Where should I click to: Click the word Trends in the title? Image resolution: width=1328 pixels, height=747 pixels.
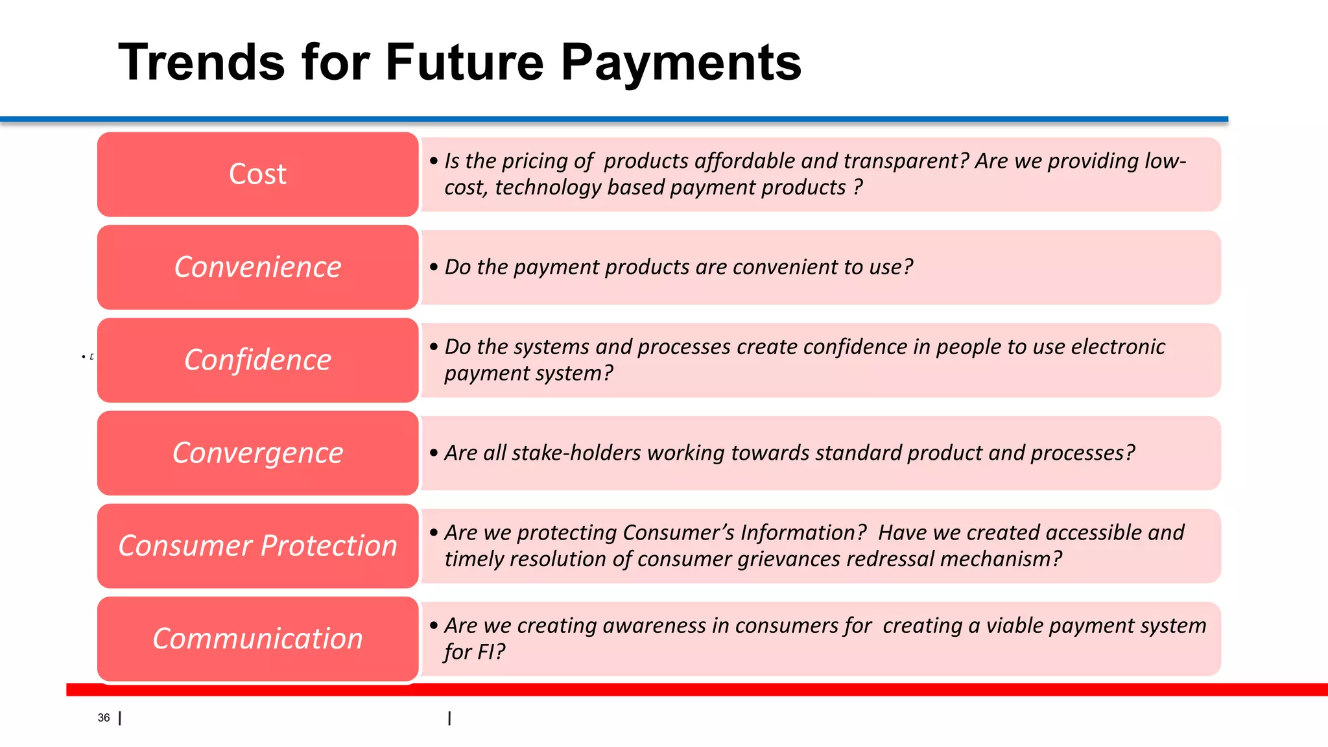[201, 62]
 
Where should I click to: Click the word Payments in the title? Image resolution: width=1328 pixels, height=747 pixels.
[681, 62]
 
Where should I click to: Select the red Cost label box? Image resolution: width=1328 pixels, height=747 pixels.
[257, 174]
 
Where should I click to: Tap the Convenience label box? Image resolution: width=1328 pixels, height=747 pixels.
[257, 267]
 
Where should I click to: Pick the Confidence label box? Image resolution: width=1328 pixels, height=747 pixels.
[257, 360]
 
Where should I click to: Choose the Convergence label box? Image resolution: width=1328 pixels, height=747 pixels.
[257, 453]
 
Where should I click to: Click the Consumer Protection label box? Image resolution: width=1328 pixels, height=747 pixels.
[257, 545]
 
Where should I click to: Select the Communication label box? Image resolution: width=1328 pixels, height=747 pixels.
[257, 639]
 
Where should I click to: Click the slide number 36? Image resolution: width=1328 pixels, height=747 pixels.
[104, 718]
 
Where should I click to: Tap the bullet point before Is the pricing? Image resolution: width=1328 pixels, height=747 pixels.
[434, 161]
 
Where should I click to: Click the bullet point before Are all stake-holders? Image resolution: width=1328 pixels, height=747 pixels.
[434, 453]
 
